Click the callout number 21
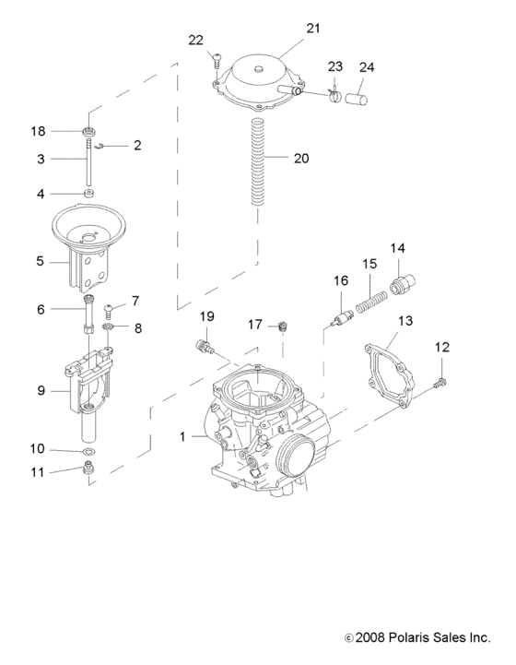[x=313, y=29]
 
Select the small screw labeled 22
[x=216, y=63]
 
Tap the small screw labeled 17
[x=283, y=325]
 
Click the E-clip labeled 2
[x=107, y=145]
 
